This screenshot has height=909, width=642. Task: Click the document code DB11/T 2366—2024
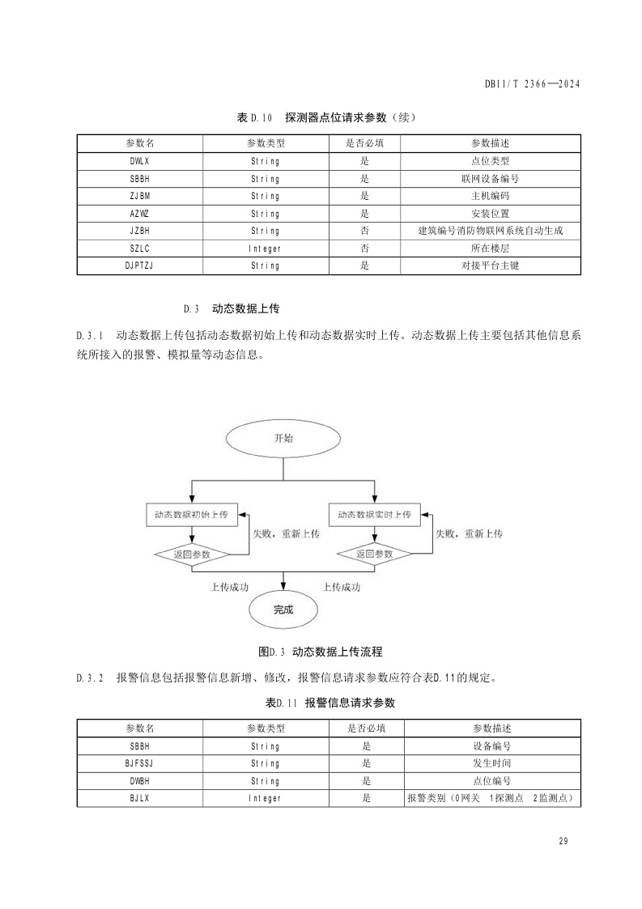pyautogui.click(x=533, y=83)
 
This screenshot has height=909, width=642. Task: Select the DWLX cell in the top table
pyautogui.click(x=139, y=160)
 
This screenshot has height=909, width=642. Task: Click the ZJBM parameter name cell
pyautogui.click(x=139, y=195)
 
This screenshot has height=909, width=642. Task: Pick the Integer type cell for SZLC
pyautogui.click(x=264, y=248)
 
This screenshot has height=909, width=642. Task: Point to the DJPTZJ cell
pyautogui.click(x=139, y=265)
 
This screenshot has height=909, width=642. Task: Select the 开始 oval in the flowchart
pyautogui.click(x=283, y=438)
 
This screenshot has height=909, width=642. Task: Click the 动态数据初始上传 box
pyautogui.click(x=191, y=514)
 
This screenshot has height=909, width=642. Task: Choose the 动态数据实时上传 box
pyautogui.click(x=374, y=514)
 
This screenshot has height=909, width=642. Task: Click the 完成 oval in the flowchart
pyautogui.click(x=283, y=610)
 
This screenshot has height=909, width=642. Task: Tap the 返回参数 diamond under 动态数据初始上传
pyautogui.click(x=192, y=554)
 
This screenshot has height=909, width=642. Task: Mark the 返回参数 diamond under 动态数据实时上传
pyautogui.click(x=374, y=554)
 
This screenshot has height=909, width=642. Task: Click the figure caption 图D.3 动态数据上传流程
pyautogui.click(x=320, y=651)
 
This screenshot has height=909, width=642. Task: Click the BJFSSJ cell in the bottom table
pyautogui.click(x=139, y=763)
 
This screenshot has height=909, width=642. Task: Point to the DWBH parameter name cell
pyautogui.click(x=139, y=781)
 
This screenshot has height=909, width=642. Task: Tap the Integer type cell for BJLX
pyautogui.click(x=264, y=798)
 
